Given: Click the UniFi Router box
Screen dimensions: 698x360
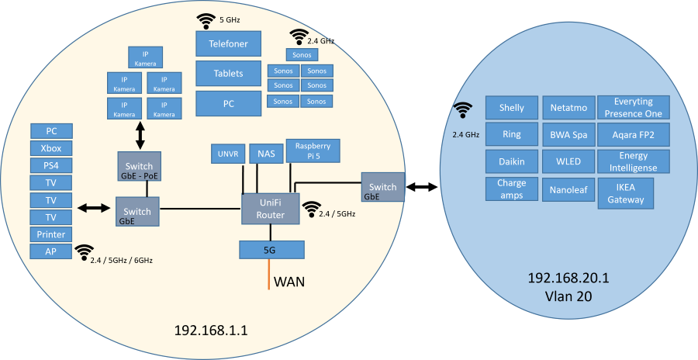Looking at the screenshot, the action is [x=270, y=209].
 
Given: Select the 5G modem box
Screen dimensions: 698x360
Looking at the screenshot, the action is [x=271, y=250].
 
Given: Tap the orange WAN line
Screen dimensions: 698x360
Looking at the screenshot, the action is [x=269, y=275].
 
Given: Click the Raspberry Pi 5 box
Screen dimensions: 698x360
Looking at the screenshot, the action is [x=313, y=151].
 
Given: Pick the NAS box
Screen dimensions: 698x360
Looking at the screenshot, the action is [x=266, y=154].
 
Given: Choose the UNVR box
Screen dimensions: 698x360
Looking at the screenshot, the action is [x=227, y=154].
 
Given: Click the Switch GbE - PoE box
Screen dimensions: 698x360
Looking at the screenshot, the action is [x=139, y=167].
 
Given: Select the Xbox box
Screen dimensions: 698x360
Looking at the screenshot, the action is [x=51, y=148].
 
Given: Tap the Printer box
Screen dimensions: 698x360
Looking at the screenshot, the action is [x=51, y=234].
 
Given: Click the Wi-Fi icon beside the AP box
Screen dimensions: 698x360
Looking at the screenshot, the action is [x=84, y=252].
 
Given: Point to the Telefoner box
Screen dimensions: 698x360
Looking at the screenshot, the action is [x=228, y=43].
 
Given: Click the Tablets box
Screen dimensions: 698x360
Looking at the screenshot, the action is [x=228, y=74].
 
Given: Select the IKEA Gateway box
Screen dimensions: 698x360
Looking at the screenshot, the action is [x=625, y=193].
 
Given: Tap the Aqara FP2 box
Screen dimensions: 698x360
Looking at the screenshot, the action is [x=633, y=134].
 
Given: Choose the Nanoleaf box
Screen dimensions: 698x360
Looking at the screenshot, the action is [x=568, y=190].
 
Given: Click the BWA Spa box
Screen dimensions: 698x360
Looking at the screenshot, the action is [x=568, y=134].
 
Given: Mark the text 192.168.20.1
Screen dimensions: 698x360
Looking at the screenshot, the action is [x=568, y=278].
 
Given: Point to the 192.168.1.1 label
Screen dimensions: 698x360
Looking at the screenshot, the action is [x=211, y=331].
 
